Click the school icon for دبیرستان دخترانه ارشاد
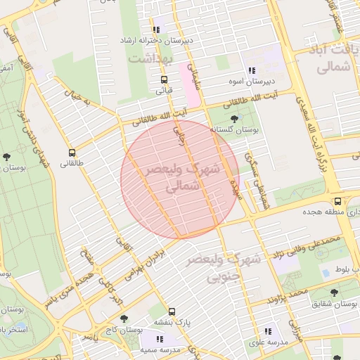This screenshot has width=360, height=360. (x=156, y=30)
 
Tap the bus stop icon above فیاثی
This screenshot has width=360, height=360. (x=164, y=79)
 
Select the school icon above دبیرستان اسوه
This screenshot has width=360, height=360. (x=251, y=70)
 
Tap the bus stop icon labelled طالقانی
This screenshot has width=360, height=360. (x=72, y=153)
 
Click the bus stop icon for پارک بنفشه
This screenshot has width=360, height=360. (x=172, y=311)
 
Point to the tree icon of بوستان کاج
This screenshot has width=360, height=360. (x=124, y=319)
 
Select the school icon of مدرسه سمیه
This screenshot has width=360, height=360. (x=160, y=340)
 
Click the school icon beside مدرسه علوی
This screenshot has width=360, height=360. (x=267, y=331)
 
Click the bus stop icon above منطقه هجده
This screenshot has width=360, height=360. (x=338, y=201)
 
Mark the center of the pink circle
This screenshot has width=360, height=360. (x=181, y=179)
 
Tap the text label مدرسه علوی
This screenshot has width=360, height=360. (x=266, y=342)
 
